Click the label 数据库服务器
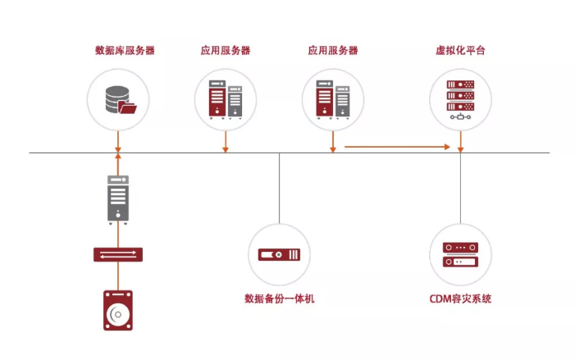click(125, 50)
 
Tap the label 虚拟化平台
click(460, 50)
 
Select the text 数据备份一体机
click(279, 298)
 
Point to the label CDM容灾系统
click(460, 298)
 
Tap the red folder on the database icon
click(128, 107)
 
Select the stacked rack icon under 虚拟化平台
click(460, 97)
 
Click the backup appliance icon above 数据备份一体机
click(279, 254)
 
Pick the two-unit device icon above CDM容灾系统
click(460, 254)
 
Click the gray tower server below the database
click(118, 198)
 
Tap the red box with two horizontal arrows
click(118, 255)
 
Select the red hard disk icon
click(118, 310)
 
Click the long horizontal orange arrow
click(397, 147)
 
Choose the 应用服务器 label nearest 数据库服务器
click(226, 50)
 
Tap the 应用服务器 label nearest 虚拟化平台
click(333, 50)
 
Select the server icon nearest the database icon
click(225, 98)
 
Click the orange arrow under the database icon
click(118, 162)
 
